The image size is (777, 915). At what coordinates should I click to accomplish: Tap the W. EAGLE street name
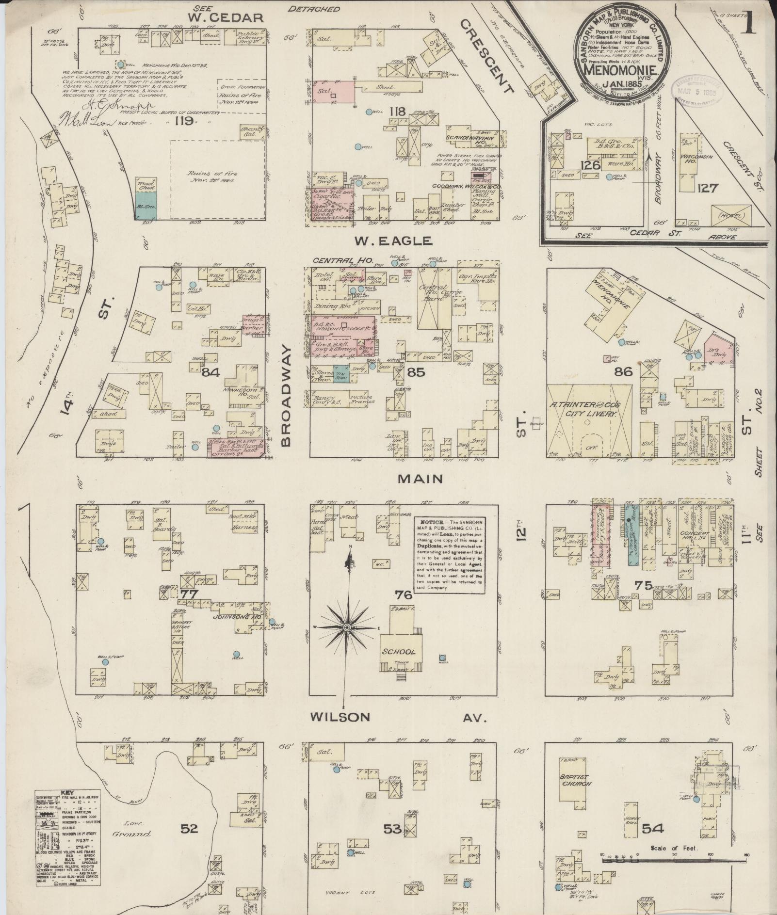click(392, 241)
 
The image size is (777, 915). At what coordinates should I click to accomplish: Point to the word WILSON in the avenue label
click(340, 717)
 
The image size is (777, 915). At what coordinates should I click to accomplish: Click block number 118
click(397, 112)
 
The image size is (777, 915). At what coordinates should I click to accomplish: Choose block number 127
click(707, 188)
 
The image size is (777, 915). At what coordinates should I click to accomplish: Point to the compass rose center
click(347, 628)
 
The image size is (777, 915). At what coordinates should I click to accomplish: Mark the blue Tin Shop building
click(340, 374)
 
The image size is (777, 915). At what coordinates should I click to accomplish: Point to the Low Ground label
click(131, 829)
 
